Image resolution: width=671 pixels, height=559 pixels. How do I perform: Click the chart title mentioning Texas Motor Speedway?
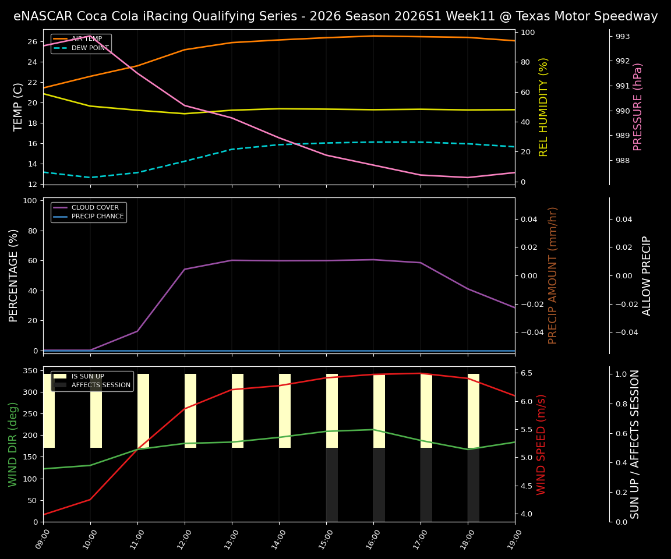(335, 16)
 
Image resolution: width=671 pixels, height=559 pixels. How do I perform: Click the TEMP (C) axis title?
(18, 107)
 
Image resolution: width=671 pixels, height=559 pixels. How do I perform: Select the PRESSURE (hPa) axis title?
(638, 107)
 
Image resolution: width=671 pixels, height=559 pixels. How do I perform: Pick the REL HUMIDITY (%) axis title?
(544, 107)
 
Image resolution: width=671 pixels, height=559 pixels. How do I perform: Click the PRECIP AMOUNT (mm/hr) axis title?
(553, 275)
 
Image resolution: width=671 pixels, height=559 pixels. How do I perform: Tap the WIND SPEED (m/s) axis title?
(542, 444)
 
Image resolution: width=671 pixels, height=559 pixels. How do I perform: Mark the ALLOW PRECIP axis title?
(647, 275)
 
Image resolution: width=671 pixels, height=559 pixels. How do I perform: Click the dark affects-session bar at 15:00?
(332, 484)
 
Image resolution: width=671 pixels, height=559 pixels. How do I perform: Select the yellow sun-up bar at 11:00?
(143, 411)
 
